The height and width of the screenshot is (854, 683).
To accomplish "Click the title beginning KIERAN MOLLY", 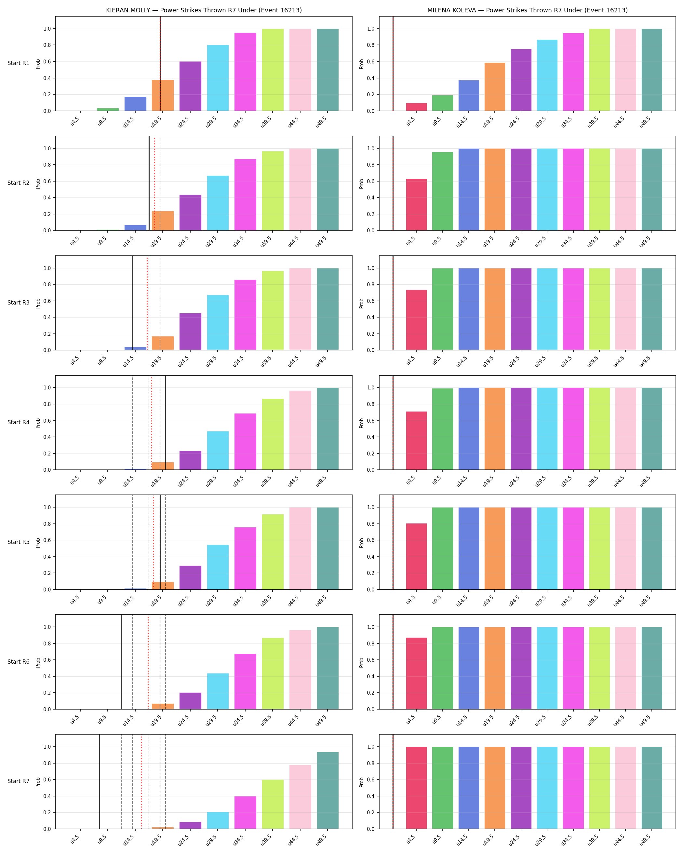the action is pyautogui.click(x=204, y=10).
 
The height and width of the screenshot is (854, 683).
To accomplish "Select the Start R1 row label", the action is pyautogui.click(x=18, y=63).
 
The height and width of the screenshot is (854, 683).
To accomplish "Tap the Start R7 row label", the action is pyautogui.click(x=18, y=781).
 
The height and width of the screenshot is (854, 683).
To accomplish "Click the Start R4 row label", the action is pyautogui.click(x=18, y=422).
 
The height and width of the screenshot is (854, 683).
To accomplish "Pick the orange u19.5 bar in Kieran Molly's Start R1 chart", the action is pyautogui.click(x=163, y=95).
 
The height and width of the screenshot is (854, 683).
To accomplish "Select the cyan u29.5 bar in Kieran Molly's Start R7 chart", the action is pyautogui.click(x=218, y=821).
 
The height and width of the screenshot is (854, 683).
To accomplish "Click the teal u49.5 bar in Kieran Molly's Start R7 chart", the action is pyautogui.click(x=328, y=791).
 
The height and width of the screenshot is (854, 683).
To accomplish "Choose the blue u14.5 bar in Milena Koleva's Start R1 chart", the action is pyautogui.click(x=468, y=95).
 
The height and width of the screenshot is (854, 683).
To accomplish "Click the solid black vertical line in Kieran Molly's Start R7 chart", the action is pyautogui.click(x=100, y=781).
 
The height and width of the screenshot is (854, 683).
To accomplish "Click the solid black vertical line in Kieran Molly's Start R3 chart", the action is pyautogui.click(x=132, y=303).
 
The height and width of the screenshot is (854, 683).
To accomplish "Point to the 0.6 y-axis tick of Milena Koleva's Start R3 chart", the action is pyautogui.click(x=370, y=301).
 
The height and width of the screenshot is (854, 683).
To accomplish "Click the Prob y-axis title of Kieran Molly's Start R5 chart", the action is pyautogui.click(x=38, y=543).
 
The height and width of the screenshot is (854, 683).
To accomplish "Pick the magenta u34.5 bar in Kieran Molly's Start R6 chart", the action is pyautogui.click(x=245, y=682).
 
